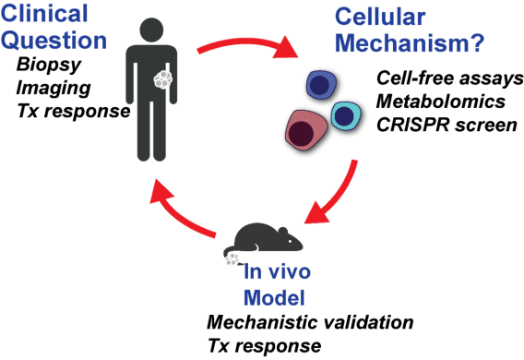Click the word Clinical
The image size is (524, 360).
click(x=45, y=15)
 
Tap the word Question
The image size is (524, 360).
click(x=54, y=42)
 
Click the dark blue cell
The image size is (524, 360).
click(x=321, y=86)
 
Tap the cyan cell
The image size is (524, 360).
click(x=346, y=116)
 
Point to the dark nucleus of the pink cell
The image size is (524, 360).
click(x=301, y=135)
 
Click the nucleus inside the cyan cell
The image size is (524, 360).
click(x=344, y=116)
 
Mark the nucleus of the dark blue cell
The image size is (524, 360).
click(x=319, y=86)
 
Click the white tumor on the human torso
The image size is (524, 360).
click(x=163, y=80)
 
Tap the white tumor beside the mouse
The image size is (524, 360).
click(x=232, y=260)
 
